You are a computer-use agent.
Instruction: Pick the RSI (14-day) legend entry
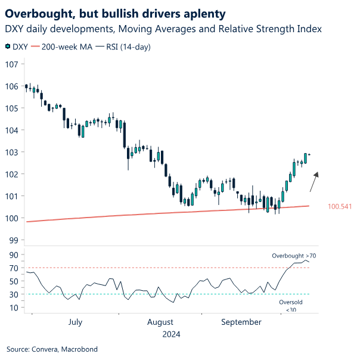point(129,46)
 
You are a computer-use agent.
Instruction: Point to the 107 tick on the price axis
point(11,64)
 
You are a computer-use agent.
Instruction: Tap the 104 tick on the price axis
point(11,130)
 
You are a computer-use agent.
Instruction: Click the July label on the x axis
point(75,322)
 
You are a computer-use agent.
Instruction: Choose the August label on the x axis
point(160,322)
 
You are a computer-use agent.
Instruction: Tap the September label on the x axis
point(241,322)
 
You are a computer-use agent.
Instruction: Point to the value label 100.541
point(340,207)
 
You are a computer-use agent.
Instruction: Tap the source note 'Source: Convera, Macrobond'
point(52,349)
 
